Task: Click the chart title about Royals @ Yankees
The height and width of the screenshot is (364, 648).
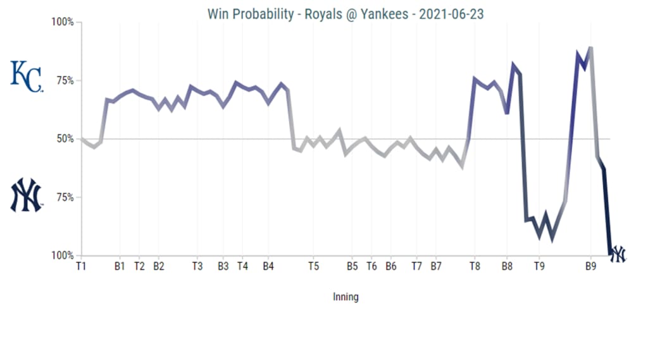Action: (x=345, y=13)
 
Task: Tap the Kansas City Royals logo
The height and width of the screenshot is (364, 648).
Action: (x=27, y=76)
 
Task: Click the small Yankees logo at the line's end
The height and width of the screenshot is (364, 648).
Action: (x=617, y=254)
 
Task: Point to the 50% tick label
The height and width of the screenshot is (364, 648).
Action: (x=63, y=139)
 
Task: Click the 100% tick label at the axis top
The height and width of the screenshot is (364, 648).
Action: (x=62, y=22)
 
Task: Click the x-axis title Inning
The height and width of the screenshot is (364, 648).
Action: (x=346, y=296)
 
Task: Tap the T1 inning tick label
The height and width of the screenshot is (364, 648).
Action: (x=81, y=267)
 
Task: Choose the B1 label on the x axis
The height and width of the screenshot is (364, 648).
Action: (x=120, y=267)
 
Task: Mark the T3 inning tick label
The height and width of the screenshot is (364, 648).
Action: (x=197, y=267)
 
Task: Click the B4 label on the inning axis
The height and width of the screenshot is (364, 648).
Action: (x=268, y=267)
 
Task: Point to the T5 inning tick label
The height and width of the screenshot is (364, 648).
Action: (x=313, y=267)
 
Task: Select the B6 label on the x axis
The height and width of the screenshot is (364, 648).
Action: (x=391, y=267)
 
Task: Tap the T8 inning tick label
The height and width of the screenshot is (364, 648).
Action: (x=475, y=267)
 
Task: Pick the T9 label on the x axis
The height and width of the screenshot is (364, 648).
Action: (x=539, y=267)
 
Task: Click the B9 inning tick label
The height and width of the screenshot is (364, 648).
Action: (x=590, y=267)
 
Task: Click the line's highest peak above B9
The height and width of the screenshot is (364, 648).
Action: (x=590, y=47)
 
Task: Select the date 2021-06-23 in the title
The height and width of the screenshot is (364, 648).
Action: (x=452, y=13)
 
